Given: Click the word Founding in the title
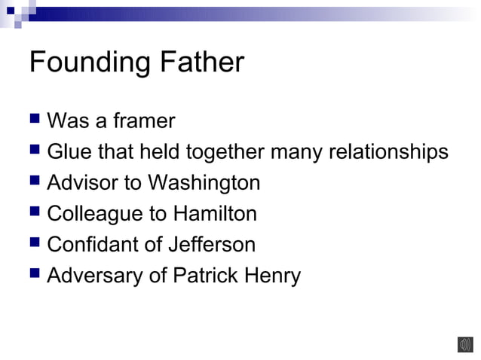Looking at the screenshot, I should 84,63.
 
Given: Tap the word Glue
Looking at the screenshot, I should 67,152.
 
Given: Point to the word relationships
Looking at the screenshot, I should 388,152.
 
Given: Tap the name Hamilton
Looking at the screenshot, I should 215,214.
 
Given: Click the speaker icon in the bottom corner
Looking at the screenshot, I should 464,344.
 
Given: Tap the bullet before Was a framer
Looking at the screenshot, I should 35,121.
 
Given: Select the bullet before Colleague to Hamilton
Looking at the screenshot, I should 35,214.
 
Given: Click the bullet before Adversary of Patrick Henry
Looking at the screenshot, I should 35,276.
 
